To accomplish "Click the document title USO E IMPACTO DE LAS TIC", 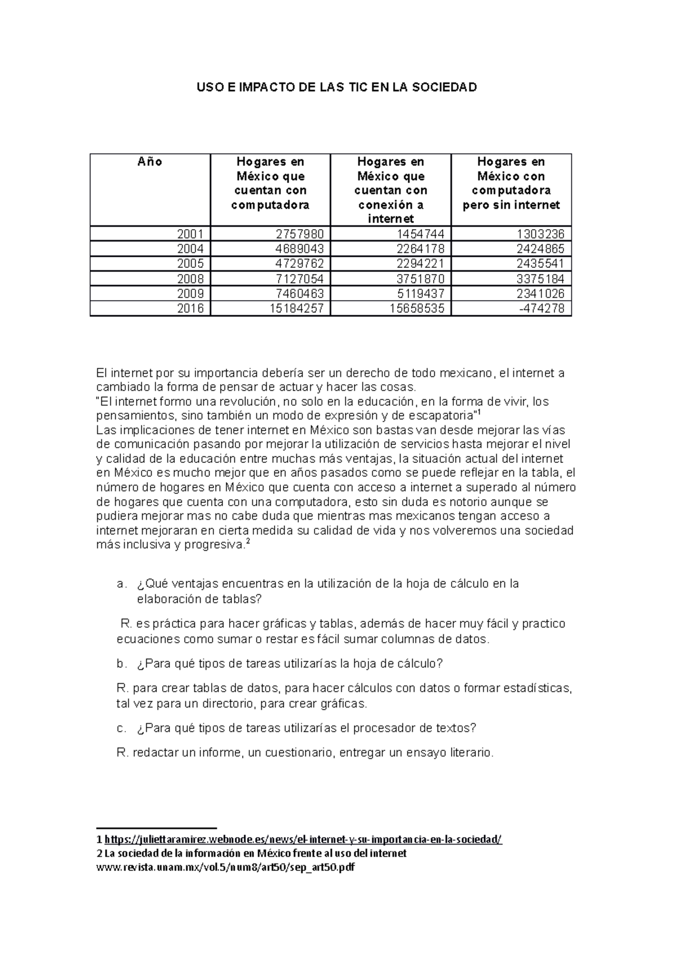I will pyautogui.click(x=336, y=87).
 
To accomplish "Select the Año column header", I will pyautogui.click(x=150, y=162).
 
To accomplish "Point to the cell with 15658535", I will pyautogui.click(x=418, y=308).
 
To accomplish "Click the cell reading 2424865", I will pyautogui.click(x=540, y=249).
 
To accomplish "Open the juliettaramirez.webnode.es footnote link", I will pyautogui.click(x=303, y=839).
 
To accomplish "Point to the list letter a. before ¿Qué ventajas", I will pyautogui.click(x=122, y=584).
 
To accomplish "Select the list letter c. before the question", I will pyautogui.click(x=122, y=728).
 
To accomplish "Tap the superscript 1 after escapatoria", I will pyautogui.click(x=478, y=413).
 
